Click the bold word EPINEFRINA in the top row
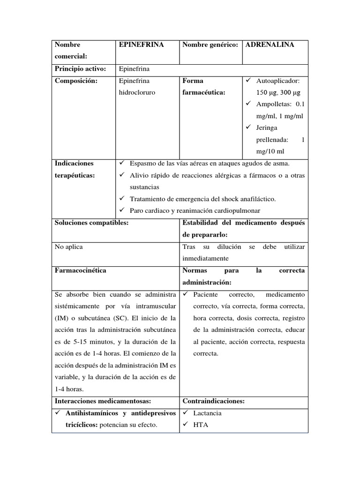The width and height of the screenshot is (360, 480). pos(141,45)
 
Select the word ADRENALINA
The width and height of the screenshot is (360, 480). pos(270,45)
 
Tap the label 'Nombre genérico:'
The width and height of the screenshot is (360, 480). pos(210,45)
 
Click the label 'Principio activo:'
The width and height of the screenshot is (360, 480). pos(80,69)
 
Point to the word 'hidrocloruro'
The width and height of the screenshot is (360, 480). pos(137,92)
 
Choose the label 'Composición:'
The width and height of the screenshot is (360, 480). pos(76,81)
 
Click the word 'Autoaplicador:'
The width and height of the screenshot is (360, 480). pos(281,81)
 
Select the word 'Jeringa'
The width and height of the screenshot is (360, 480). pos(267,127)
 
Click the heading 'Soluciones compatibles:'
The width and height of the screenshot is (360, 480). pos(91,223)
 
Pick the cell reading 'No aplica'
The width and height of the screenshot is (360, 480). pos(69,247)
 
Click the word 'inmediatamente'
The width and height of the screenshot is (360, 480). pos(205,258)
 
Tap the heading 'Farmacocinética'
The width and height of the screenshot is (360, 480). pos(81,270)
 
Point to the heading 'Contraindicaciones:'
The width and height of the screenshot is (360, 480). pos(213,401)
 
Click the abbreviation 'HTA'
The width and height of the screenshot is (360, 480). pos(201,425)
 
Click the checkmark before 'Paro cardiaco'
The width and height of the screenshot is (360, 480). pos(121,210)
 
